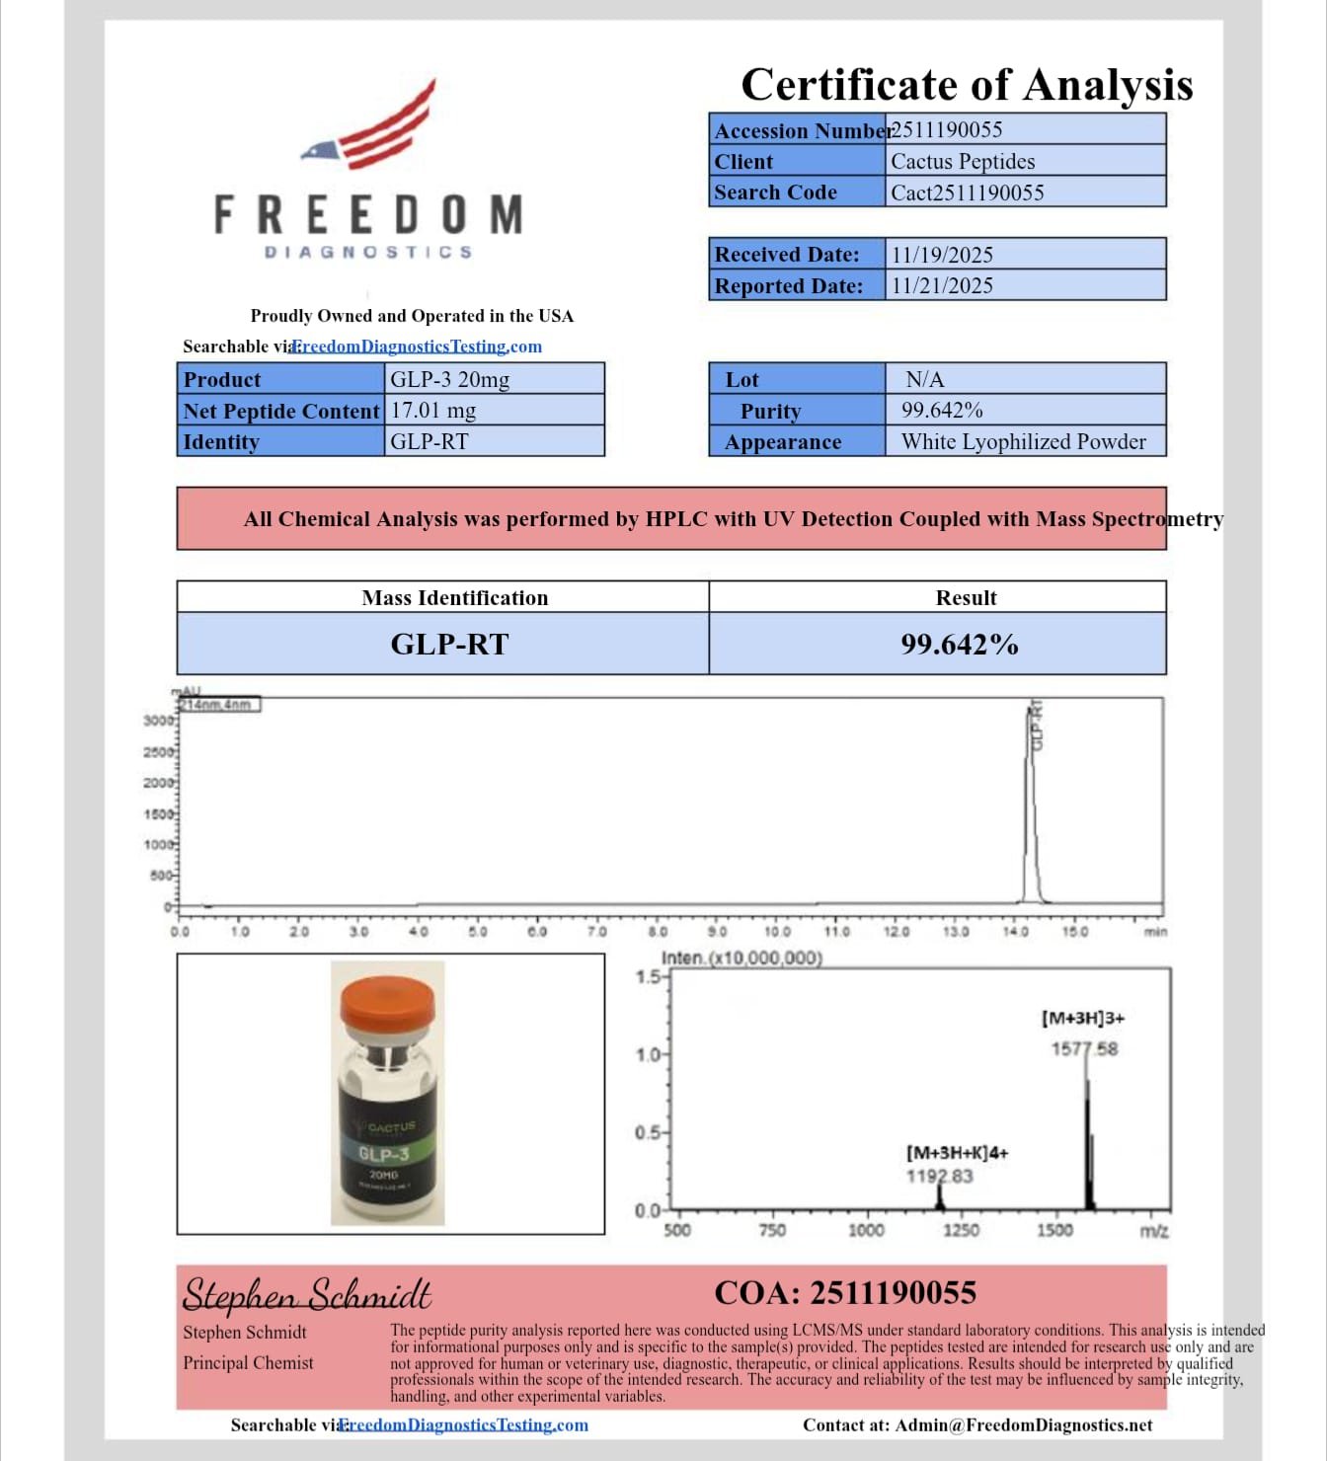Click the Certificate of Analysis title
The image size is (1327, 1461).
pos(966,85)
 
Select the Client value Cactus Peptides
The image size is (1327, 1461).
pos(963,161)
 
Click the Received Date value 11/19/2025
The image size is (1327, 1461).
pos(942,255)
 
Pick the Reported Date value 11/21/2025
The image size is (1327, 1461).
pos(942,285)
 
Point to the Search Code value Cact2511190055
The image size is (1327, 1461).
pos(967,192)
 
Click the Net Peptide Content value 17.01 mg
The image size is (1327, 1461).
pos(433,410)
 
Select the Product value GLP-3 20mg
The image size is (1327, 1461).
pos(449,379)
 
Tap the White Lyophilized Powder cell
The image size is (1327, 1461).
pos(1023,441)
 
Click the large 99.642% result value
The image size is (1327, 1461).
pos(959,645)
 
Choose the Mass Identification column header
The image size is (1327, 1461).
pos(454,597)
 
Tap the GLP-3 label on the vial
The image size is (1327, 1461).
pos(384,1153)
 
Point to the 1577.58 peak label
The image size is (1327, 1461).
pos(1084,1048)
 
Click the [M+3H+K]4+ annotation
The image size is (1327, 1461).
pos(957,1152)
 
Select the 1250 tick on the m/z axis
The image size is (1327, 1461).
pos(960,1230)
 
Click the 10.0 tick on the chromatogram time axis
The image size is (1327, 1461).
pos(777,931)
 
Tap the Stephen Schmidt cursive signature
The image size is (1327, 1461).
pos(307,1293)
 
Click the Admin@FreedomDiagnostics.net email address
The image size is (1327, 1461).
pos(1024,1424)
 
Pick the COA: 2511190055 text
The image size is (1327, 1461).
pos(845,1292)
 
